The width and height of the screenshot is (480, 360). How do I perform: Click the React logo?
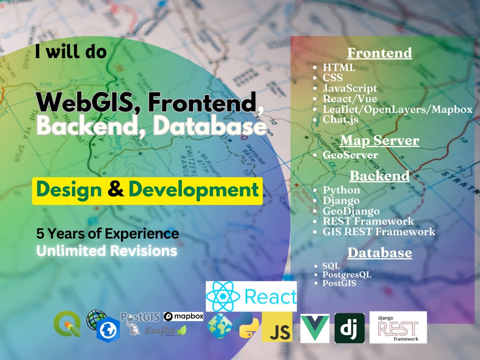pos(252,297)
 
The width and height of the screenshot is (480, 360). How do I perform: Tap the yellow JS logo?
pos(277,327)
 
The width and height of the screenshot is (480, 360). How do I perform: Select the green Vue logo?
pos(315,328)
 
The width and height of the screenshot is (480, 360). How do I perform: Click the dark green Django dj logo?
pos(349,328)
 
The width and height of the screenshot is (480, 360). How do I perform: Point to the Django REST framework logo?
pos(398,327)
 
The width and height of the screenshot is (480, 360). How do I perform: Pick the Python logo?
pos(249,325)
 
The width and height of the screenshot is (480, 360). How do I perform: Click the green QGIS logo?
pos(67,324)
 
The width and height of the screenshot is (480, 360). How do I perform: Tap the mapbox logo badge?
pos(183,316)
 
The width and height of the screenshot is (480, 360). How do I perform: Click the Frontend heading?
pos(379,52)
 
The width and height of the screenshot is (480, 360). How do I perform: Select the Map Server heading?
pos(379,140)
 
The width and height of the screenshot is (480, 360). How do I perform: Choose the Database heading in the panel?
pos(379,252)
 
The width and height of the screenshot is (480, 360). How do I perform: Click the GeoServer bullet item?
pos(350,155)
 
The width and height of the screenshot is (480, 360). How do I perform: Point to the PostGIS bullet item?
pos(339,283)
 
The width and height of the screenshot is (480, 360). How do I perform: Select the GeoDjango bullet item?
pos(351,211)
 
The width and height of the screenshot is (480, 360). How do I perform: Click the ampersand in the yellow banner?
pos(115,190)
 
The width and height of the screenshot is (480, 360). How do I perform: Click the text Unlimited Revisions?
pos(107,251)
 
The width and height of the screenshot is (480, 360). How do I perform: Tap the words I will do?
pos(71,51)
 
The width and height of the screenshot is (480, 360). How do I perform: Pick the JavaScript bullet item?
pos(350,88)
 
